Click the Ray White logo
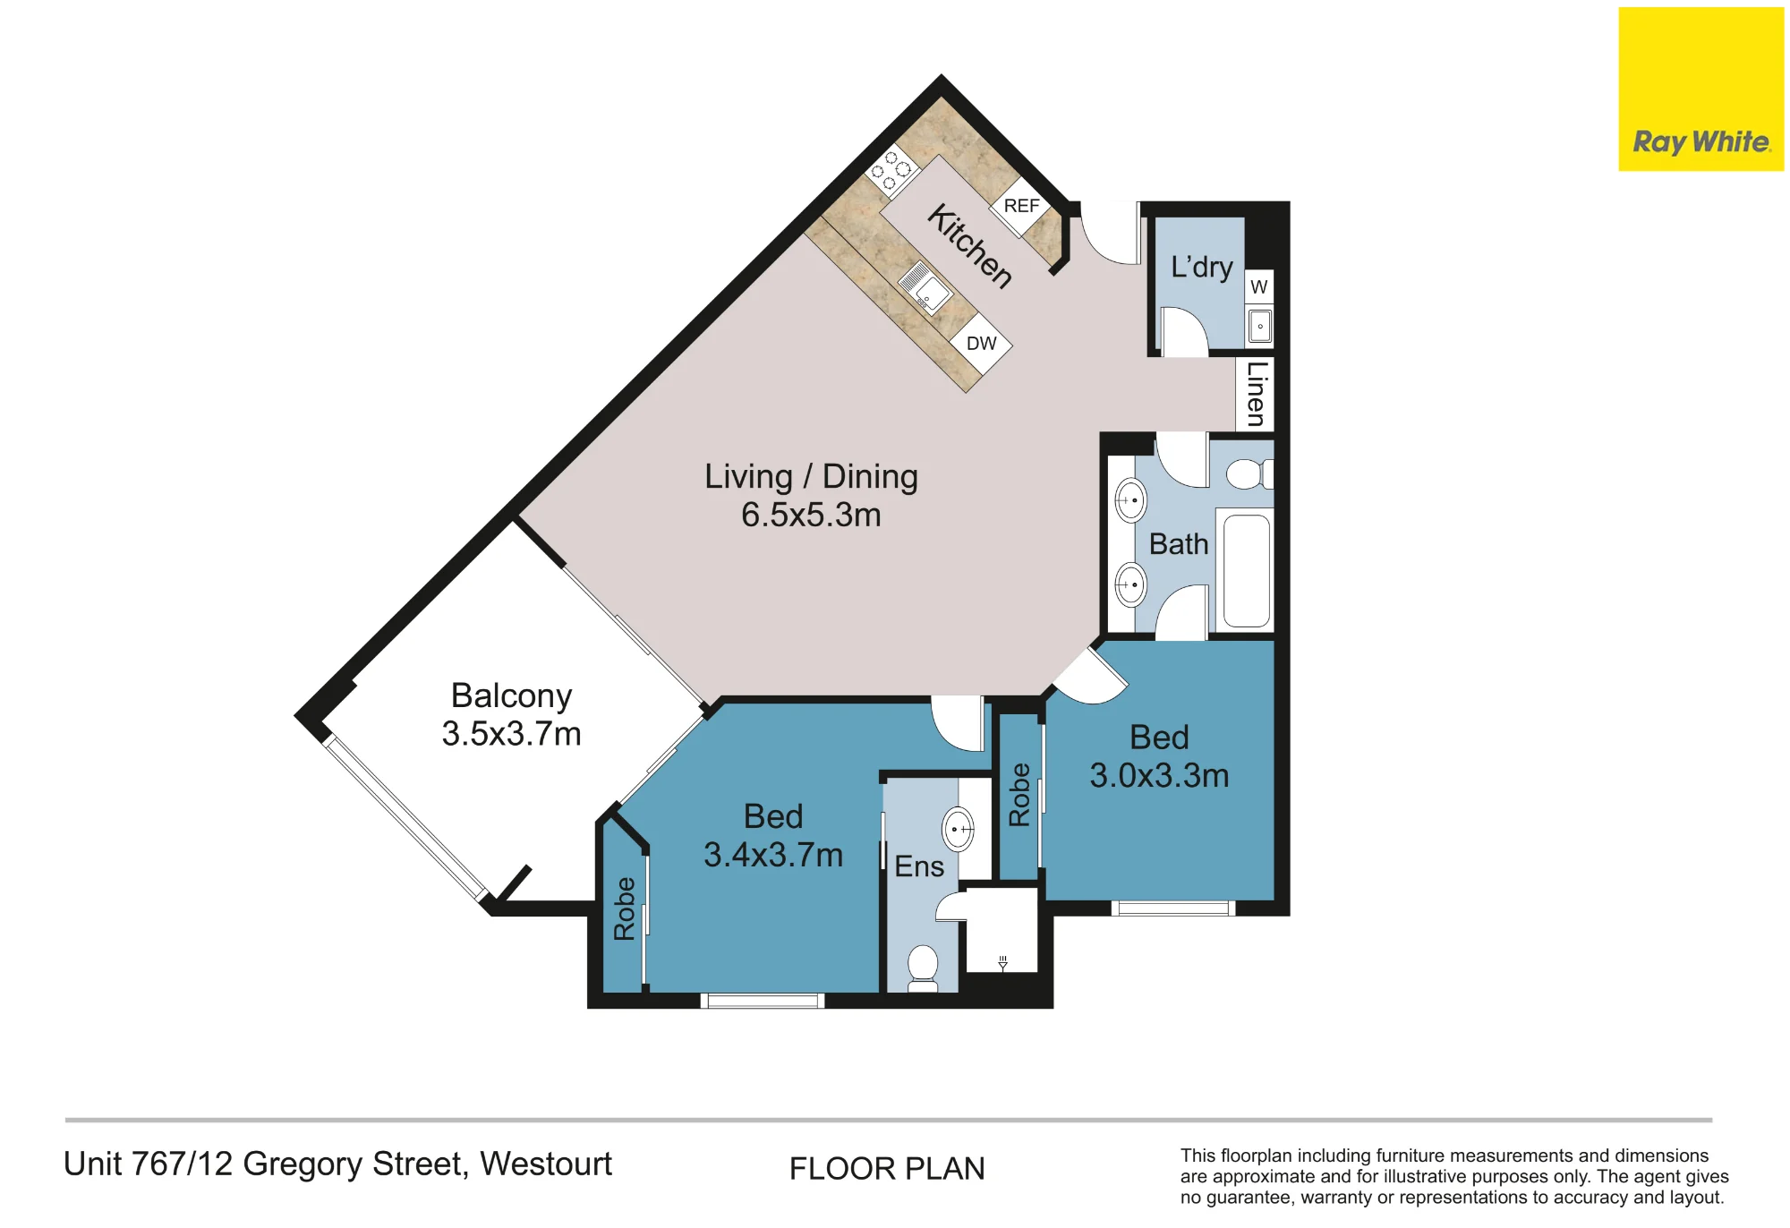[x=1700, y=90]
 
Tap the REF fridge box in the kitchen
[x=1020, y=207]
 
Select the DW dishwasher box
[x=981, y=344]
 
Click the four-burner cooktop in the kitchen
[x=891, y=170]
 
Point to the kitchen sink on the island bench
[x=925, y=287]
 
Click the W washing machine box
[x=1259, y=287]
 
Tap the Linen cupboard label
[x=1257, y=394]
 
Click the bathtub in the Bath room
[x=1245, y=570]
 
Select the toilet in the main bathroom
[x=1249, y=473]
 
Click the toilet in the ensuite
[x=923, y=968]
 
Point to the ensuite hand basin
[x=958, y=830]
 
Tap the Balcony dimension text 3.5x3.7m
[x=511, y=734]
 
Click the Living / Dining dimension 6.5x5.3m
[x=811, y=516]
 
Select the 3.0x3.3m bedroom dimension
[x=1159, y=775]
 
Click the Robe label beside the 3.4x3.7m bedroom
[x=624, y=908]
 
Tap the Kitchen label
[x=970, y=246]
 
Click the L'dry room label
[x=1201, y=267]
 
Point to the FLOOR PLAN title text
[x=887, y=1169]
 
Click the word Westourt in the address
[x=546, y=1164]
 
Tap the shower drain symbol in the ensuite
[x=1002, y=962]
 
